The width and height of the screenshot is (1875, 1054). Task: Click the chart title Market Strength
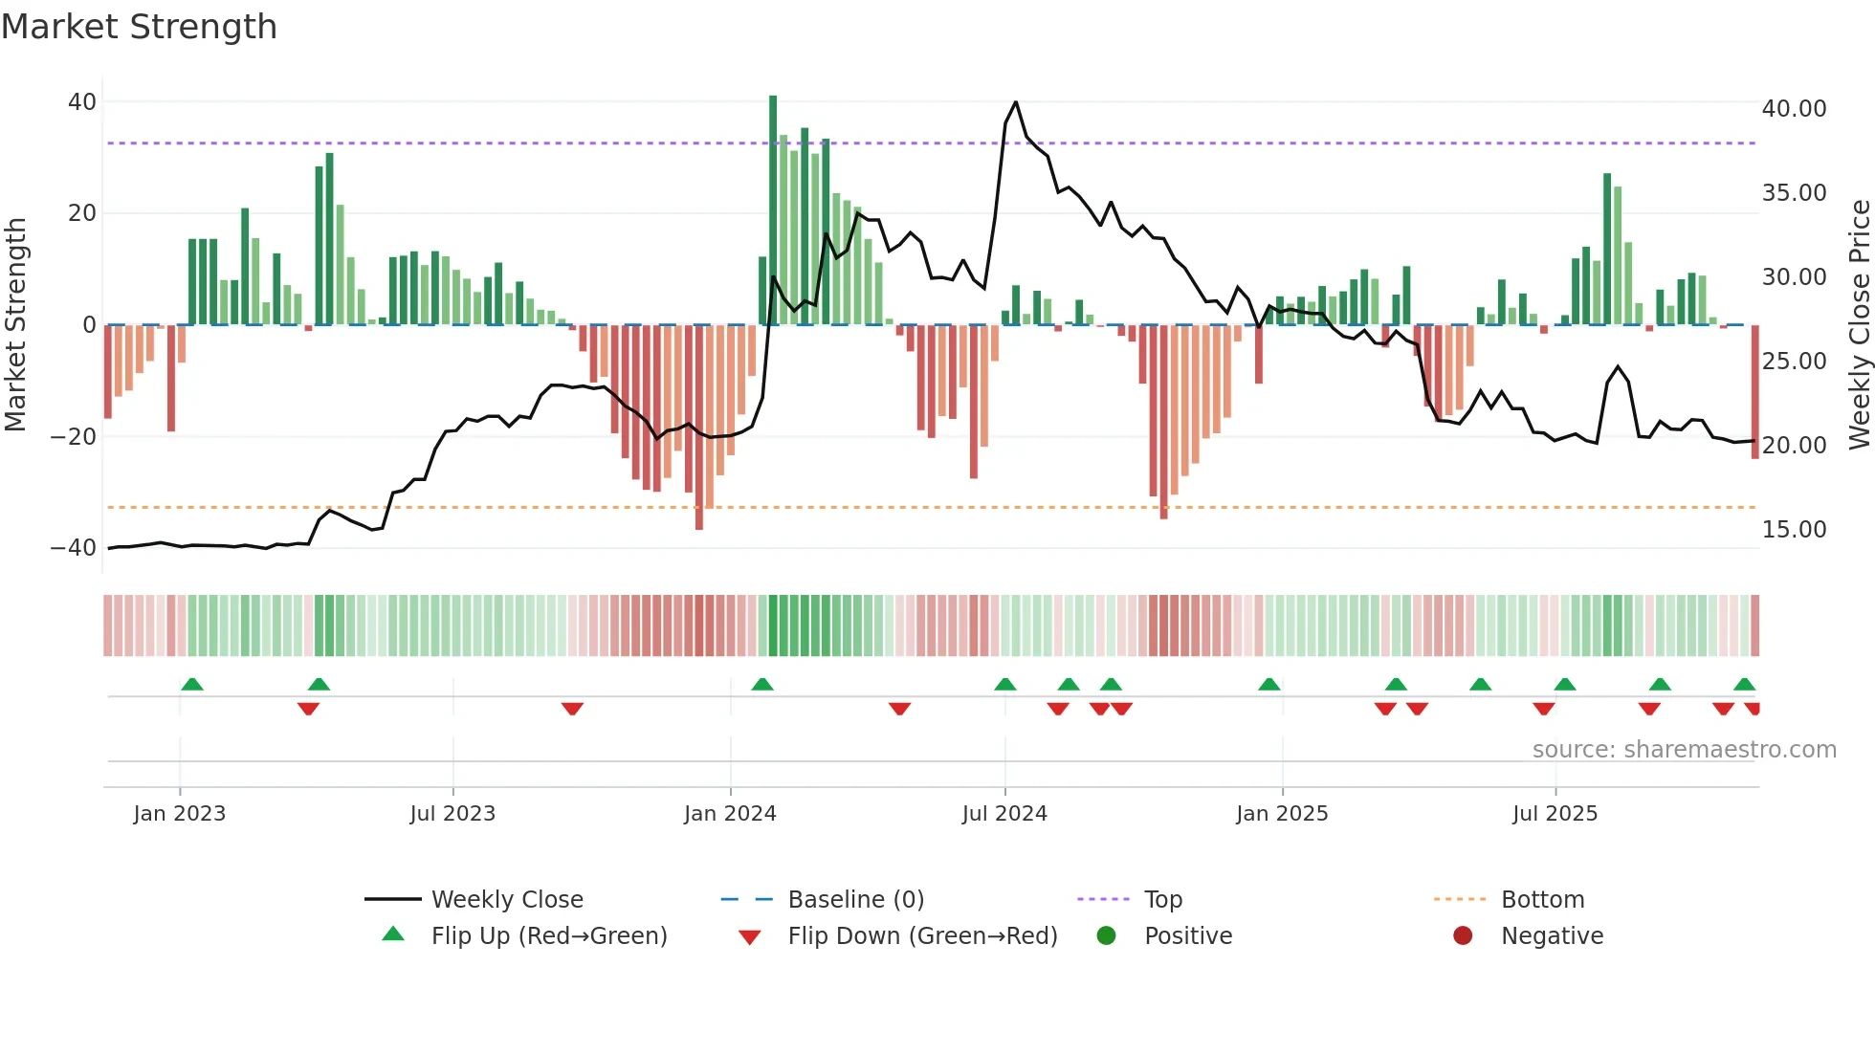pos(139,27)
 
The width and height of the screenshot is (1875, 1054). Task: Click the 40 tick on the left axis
pos(82,102)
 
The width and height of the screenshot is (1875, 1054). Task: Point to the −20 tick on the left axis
pos(74,437)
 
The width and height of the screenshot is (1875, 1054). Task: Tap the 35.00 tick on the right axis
pos(1794,193)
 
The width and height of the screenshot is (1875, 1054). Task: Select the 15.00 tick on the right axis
pos(1794,530)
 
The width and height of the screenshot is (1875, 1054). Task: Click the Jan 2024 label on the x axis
pos(730,814)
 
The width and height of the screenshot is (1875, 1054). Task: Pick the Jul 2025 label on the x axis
pos(1555,814)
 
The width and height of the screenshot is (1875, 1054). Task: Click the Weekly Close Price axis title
pos(1859,324)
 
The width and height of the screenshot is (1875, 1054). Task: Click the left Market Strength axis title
pos(15,324)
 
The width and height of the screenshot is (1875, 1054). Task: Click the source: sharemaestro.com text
pos(1684,750)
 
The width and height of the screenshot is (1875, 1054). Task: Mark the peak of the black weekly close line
pos(1015,102)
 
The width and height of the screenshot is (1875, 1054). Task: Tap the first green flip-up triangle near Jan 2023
pos(192,685)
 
